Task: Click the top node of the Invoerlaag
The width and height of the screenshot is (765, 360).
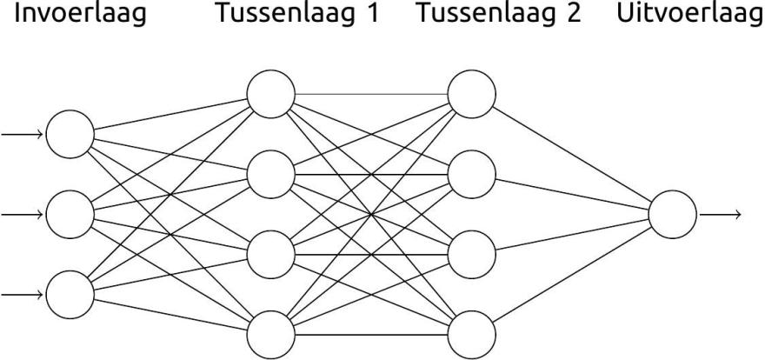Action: pos(70,134)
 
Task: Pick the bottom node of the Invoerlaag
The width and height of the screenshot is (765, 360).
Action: pos(70,293)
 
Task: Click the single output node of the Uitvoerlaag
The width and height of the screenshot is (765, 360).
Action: pos(672,213)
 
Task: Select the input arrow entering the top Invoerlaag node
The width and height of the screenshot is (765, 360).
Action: pos(23,134)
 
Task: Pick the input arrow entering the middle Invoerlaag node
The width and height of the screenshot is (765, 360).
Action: pos(23,213)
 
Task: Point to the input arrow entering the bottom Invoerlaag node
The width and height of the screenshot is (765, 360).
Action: pos(23,293)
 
